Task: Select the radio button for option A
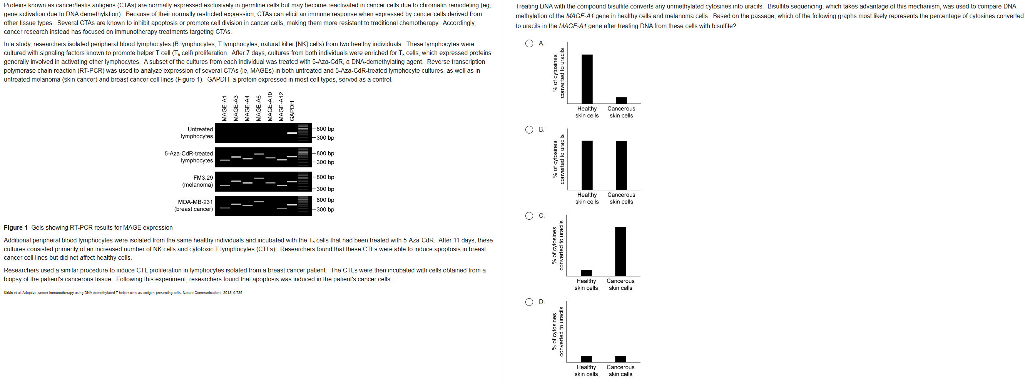click(529, 43)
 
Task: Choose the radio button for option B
click(529, 130)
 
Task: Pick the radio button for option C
click(529, 216)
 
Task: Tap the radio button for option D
click(529, 302)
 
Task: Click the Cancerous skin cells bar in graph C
click(620, 251)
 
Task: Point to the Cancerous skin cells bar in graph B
click(621, 165)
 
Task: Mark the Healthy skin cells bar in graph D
click(586, 359)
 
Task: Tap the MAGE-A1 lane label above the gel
click(224, 108)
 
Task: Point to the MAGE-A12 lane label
click(281, 106)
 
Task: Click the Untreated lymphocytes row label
click(197, 132)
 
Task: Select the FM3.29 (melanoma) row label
click(198, 181)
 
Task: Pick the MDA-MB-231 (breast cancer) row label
click(194, 205)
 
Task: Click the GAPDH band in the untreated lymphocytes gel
click(292, 133)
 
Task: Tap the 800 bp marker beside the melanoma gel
click(325, 177)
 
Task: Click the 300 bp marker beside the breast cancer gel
click(325, 209)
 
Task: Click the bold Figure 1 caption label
click(15, 228)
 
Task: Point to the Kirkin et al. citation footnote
click(122, 293)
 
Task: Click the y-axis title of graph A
click(558, 73)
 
